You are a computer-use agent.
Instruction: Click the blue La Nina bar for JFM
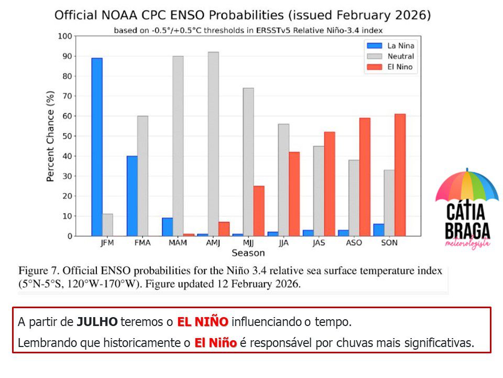coord(97,147)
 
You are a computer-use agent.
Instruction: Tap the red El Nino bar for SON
coord(400,175)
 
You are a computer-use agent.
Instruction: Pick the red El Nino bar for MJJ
coord(259,211)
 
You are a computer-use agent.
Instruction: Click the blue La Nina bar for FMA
coord(132,196)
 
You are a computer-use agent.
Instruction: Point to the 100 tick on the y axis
coord(65,36)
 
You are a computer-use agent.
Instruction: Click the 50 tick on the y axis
coord(67,136)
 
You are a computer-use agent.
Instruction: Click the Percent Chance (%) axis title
coord(51,136)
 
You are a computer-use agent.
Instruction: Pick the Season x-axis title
coord(248,253)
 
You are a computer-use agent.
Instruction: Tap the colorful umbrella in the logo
coord(466,186)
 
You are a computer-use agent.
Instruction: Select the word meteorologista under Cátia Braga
coord(467,244)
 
